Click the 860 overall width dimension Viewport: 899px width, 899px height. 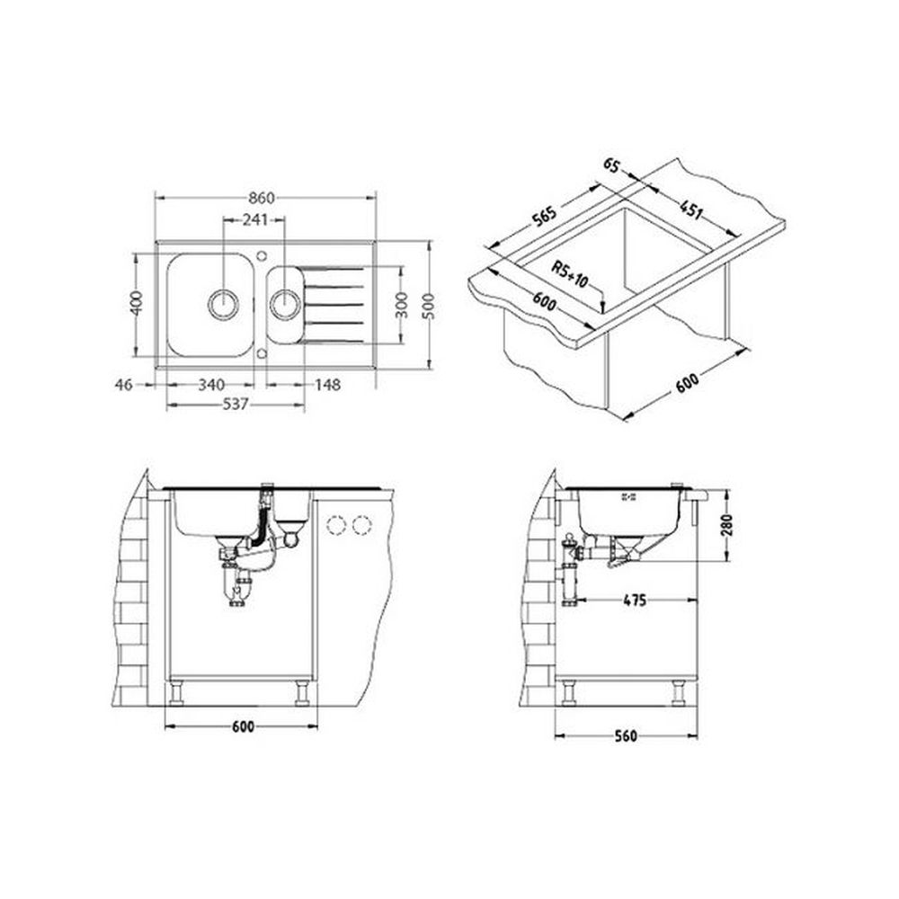(262, 198)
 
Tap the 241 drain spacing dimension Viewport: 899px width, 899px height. (255, 219)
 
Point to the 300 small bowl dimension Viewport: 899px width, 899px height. (401, 305)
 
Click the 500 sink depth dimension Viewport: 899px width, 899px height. (428, 305)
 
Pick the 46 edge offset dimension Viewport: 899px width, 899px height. (124, 384)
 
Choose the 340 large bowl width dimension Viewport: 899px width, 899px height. (211, 384)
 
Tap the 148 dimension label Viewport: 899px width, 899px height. (327, 384)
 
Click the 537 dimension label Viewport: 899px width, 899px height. (235, 405)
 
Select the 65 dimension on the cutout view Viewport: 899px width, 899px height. (611, 165)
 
